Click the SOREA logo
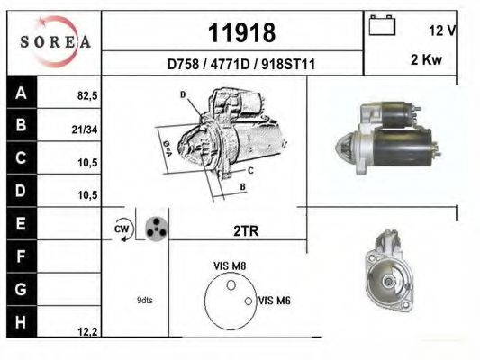[x=55, y=41]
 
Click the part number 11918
[x=242, y=32]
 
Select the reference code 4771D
[x=231, y=65]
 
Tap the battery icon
[x=382, y=25]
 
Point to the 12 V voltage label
[x=443, y=31]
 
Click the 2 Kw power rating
[x=426, y=59]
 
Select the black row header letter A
[x=21, y=93]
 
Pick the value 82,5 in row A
[x=87, y=96]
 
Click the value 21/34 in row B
[x=85, y=130]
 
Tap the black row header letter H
[x=21, y=322]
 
